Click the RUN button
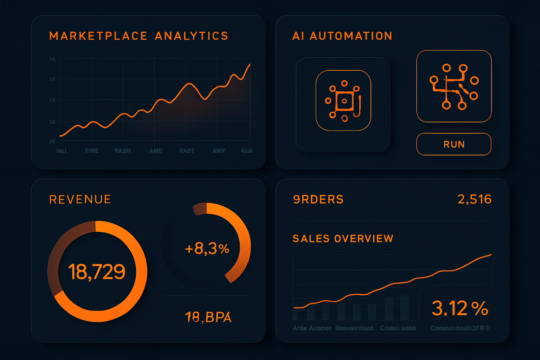(x=454, y=144)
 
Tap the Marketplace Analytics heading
(x=139, y=36)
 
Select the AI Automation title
(x=342, y=36)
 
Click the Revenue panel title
(x=80, y=199)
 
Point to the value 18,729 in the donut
(x=97, y=271)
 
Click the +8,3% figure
(x=207, y=249)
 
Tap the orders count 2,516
(x=474, y=199)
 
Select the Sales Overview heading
(x=343, y=239)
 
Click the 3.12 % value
(x=460, y=308)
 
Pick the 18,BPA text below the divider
(x=208, y=317)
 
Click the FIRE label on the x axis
(x=92, y=151)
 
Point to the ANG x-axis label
(x=156, y=151)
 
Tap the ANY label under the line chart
(x=218, y=151)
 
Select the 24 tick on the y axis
(x=52, y=100)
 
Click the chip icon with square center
(x=343, y=101)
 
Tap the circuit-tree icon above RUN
(x=454, y=86)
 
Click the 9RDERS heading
(x=318, y=199)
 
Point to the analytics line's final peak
(x=250, y=65)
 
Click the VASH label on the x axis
(x=122, y=151)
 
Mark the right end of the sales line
(x=491, y=255)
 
